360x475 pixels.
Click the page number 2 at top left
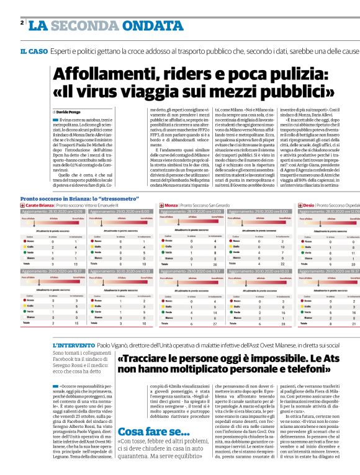(22, 23)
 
